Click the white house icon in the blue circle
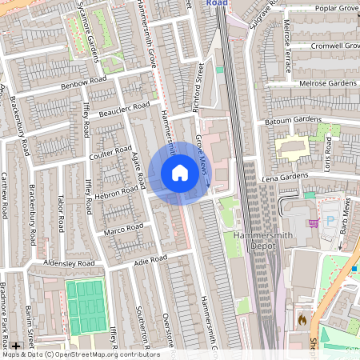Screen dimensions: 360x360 [179, 173]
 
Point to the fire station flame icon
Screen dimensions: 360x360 [302, 318]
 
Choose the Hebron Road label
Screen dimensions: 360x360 [117, 194]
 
